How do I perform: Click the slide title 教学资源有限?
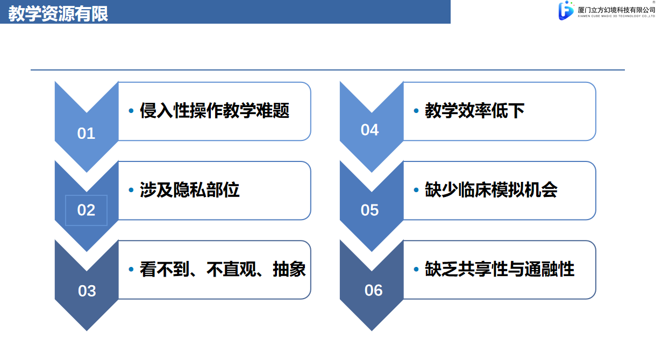click(58, 13)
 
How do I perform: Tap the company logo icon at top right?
click(566, 10)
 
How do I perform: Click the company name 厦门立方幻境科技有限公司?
click(616, 10)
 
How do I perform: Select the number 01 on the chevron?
click(86, 133)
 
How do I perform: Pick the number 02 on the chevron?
click(86, 210)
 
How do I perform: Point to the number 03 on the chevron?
click(87, 291)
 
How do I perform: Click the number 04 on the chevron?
click(369, 130)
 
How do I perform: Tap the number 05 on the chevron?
click(369, 210)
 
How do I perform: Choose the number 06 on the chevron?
click(373, 290)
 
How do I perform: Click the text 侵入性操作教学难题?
click(215, 111)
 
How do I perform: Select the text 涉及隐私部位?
click(189, 189)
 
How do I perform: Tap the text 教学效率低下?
click(475, 111)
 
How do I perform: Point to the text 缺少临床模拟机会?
click(491, 189)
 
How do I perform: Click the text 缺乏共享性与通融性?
click(500, 269)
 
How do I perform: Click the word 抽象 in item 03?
click(289, 269)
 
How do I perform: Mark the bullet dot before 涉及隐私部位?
click(131, 190)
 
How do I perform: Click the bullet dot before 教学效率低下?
click(416, 111)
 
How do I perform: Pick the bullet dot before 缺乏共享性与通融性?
click(416, 269)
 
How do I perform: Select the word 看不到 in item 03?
click(165, 269)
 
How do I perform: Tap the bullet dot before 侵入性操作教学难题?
click(131, 111)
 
